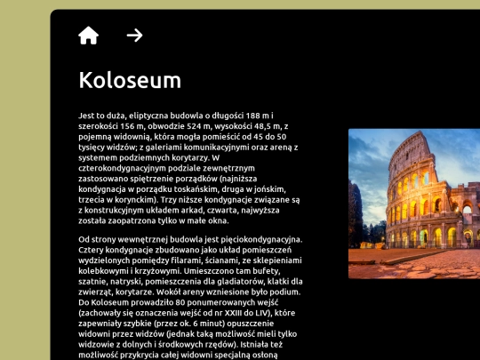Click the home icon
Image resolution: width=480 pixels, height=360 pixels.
(88, 36)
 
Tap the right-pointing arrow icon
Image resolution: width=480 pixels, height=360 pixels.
(134, 36)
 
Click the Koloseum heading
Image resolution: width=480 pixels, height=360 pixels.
(130, 80)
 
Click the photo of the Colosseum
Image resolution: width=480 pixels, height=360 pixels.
(414, 204)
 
